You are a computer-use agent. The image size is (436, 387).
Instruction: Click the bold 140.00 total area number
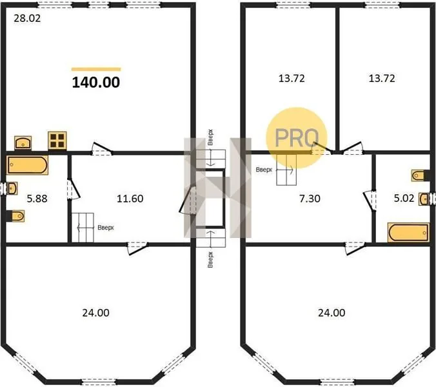coord(96,83)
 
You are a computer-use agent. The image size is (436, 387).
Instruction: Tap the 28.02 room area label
coord(27,18)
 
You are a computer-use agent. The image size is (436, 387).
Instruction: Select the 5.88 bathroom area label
coord(37,199)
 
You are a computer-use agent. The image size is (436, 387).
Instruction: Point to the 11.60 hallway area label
coord(130,199)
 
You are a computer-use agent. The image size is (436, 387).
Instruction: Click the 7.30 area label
coord(310,199)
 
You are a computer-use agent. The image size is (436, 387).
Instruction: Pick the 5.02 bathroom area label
coord(404,198)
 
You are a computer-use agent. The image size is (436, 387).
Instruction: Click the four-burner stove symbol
coord(57,140)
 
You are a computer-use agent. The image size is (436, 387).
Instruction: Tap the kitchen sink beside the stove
coord(23,143)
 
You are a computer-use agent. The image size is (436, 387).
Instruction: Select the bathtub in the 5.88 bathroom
coord(27,165)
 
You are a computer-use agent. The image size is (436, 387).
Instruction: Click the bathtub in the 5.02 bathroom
coord(408,232)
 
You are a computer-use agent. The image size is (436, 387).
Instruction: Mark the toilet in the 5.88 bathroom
coord(17,216)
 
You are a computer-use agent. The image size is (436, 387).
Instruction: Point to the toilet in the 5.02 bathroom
coord(418,175)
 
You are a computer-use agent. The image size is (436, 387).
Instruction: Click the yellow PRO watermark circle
coord(297,137)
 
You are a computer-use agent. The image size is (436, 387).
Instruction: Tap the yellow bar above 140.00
coord(96,69)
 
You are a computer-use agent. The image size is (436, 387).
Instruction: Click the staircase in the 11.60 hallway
coord(83,228)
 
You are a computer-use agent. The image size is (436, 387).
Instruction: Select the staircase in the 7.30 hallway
coord(286,169)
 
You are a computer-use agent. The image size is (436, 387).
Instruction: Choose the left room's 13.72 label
coord(292,79)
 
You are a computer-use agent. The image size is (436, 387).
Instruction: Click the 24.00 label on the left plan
coord(95,313)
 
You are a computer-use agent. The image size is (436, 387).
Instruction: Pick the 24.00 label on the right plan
coord(332,313)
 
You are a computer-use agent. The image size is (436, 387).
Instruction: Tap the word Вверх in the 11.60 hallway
coord(106,228)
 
